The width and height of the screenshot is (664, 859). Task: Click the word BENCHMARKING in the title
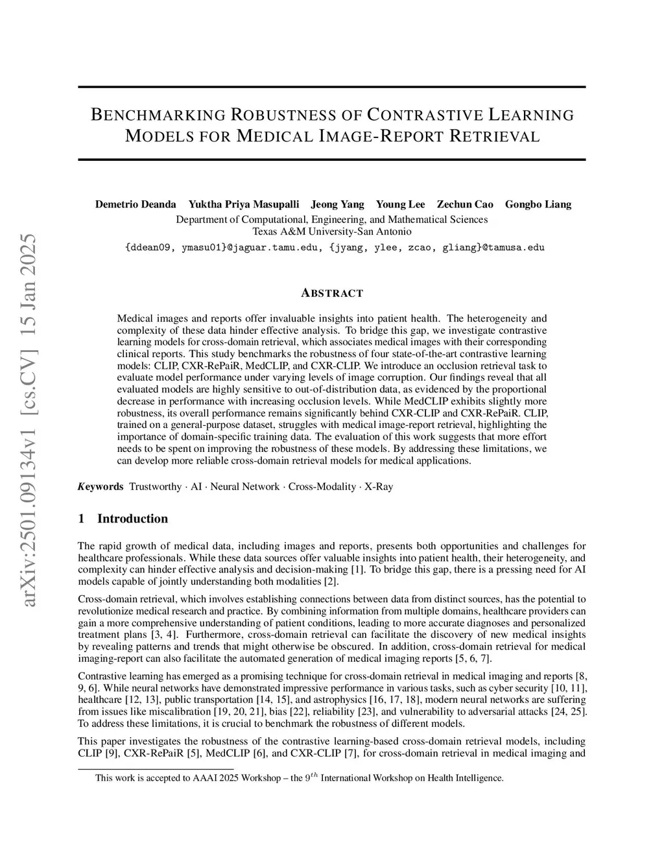click(x=158, y=115)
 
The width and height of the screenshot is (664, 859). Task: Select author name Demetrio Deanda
click(x=136, y=204)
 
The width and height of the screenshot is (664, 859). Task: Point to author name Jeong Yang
click(x=337, y=204)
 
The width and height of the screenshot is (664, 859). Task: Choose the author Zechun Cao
click(x=465, y=204)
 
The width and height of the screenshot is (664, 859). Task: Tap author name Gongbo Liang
click(x=538, y=204)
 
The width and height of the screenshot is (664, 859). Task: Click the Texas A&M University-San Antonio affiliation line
click(x=331, y=231)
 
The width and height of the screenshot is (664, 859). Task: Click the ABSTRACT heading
click(x=332, y=293)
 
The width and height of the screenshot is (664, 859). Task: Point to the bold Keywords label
click(x=100, y=486)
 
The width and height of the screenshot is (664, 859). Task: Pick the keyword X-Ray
click(x=379, y=486)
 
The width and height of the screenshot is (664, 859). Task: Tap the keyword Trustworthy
click(x=155, y=486)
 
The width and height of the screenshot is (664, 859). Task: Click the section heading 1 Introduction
click(x=123, y=519)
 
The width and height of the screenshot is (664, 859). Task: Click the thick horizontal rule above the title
click(x=331, y=87)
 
